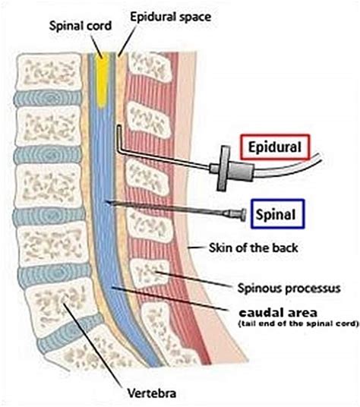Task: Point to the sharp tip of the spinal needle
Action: (109, 202)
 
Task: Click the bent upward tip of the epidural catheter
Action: (119, 137)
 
